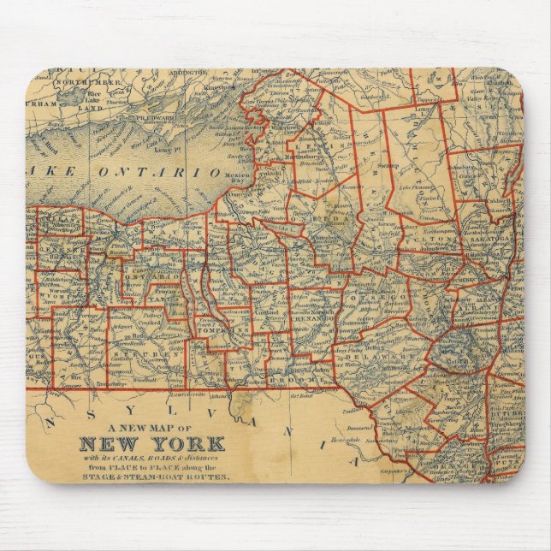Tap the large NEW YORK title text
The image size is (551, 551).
151,444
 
